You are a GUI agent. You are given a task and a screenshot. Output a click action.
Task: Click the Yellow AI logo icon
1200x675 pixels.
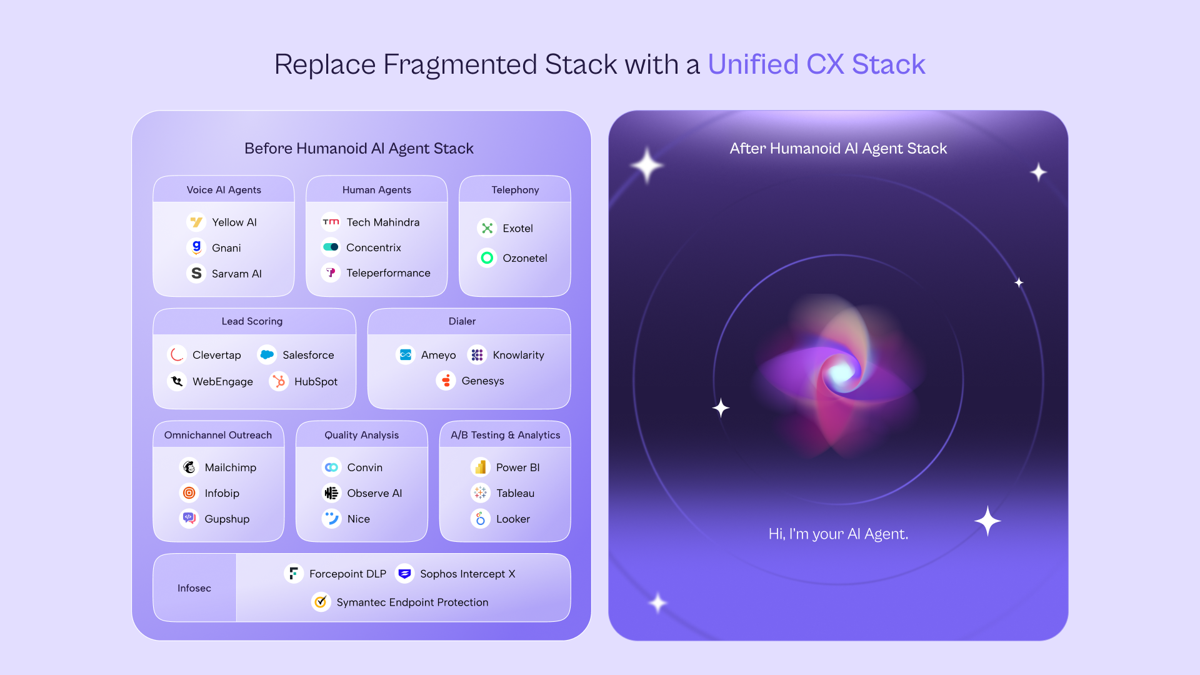click(x=196, y=222)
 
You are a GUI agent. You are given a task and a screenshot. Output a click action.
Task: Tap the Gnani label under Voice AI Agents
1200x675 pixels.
click(x=226, y=248)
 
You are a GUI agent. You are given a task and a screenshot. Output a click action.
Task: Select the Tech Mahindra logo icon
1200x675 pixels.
click(x=331, y=222)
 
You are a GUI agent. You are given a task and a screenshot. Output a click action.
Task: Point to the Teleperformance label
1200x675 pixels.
click(x=388, y=273)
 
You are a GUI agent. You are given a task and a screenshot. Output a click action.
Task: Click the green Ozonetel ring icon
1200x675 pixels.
click(x=487, y=258)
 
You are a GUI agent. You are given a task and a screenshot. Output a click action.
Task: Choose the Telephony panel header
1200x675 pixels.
click(x=515, y=190)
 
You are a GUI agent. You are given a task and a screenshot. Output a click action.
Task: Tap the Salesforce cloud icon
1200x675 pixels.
click(x=267, y=355)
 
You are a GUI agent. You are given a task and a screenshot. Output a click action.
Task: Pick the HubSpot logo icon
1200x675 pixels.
click(x=279, y=381)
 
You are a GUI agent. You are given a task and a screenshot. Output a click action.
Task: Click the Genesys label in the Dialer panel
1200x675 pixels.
click(x=482, y=381)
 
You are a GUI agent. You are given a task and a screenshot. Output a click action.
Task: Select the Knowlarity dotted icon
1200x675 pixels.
click(x=477, y=355)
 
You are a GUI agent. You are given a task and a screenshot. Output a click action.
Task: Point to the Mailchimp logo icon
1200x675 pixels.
click(x=189, y=467)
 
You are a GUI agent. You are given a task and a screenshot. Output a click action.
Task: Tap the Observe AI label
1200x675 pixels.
click(x=374, y=493)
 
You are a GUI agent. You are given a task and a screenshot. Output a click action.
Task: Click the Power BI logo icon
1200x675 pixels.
click(x=481, y=467)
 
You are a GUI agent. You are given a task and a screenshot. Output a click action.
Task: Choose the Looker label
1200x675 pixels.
click(x=513, y=519)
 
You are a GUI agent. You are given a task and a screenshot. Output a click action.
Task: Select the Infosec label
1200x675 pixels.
click(x=194, y=588)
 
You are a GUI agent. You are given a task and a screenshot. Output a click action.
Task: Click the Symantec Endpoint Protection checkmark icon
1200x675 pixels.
click(x=321, y=602)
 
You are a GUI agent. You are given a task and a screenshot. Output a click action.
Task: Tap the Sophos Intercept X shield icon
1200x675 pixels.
click(x=405, y=574)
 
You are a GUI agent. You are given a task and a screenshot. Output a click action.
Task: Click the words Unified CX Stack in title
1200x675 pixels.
click(x=816, y=64)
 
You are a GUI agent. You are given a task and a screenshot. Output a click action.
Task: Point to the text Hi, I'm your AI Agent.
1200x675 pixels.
click(x=838, y=534)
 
